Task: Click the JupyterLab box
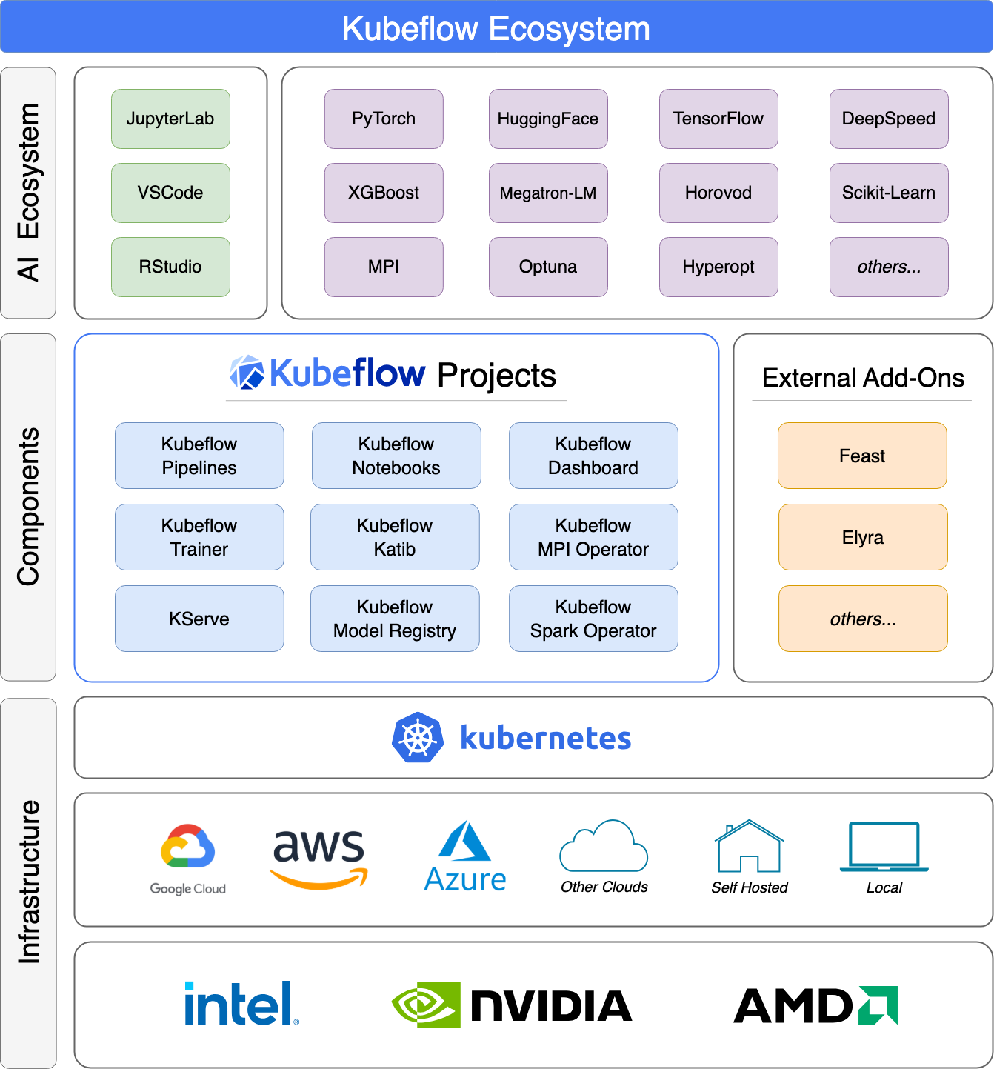[170, 119]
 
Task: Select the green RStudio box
[170, 267]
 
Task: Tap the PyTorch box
[384, 119]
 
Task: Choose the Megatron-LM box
[548, 193]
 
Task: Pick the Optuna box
[548, 267]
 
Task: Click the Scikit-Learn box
[889, 193]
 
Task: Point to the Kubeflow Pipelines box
[199, 456]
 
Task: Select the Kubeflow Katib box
[395, 537]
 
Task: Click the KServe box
[199, 619]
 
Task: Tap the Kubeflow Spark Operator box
[593, 619]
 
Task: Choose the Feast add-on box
[862, 456]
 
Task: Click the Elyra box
[863, 537]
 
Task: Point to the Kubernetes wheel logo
[418, 738]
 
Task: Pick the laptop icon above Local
[884, 847]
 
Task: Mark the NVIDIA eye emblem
[426, 1005]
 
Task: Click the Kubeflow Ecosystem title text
[496, 29]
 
